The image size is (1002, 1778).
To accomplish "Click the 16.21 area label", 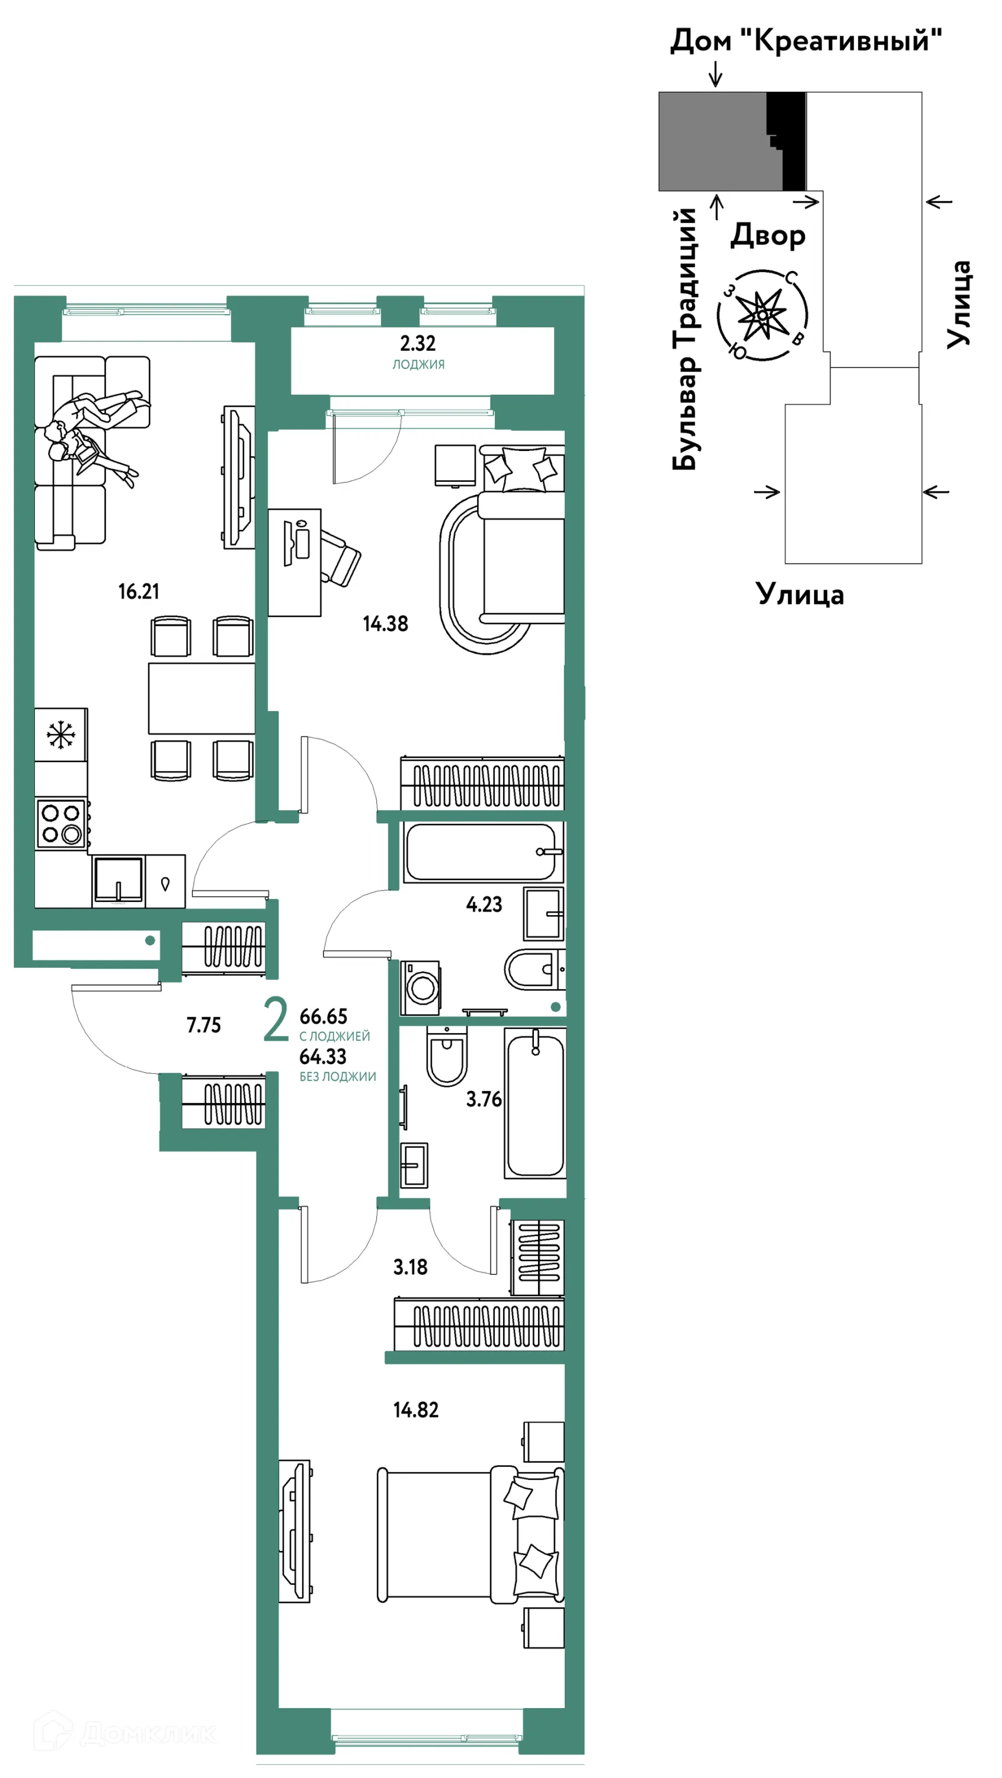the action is point(139,591).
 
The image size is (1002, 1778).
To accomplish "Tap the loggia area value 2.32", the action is point(418,343).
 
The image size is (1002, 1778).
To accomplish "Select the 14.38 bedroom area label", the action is point(386,624).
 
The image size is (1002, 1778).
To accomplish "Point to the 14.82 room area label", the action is point(416,1409).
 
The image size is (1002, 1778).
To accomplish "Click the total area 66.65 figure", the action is point(323,1016).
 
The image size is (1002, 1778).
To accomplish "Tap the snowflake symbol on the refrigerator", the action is point(60,734).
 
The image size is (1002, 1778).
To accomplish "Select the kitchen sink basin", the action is point(119,880).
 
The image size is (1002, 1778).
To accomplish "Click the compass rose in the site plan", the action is point(763,315).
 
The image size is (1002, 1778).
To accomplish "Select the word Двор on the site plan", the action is point(768,235).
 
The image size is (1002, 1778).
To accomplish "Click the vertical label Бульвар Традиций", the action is point(685,339).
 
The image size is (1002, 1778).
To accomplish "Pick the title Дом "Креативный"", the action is point(806,40).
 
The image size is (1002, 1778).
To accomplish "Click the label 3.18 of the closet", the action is point(411,1267).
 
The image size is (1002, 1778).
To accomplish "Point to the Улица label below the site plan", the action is point(800,594).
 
